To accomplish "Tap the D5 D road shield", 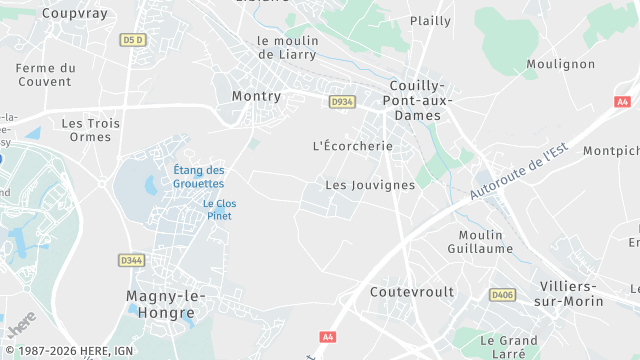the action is pyautogui.click(x=133, y=39).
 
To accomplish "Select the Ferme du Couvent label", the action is pyautogui.click(x=46, y=75).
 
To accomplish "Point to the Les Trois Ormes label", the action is pyautogui.click(x=91, y=130).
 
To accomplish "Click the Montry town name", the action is pyautogui.click(x=256, y=96).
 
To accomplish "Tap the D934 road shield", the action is pyautogui.click(x=343, y=101).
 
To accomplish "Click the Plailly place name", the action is pyautogui.click(x=430, y=20).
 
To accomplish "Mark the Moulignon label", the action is pyautogui.click(x=560, y=64).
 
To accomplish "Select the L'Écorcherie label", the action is pyautogui.click(x=353, y=146).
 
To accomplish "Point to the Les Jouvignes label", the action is pyautogui.click(x=370, y=185).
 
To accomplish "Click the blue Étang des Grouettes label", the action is pyautogui.click(x=198, y=177).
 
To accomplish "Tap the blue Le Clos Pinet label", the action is pyautogui.click(x=219, y=209).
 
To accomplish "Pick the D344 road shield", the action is pyautogui.click(x=131, y=260).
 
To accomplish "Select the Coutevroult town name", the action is pyautogui.click(x=412, y=292).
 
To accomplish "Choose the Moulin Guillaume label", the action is pyautogui.click(x=481, y=241).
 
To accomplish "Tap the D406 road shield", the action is pyautogui.click(x=501, y=295).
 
